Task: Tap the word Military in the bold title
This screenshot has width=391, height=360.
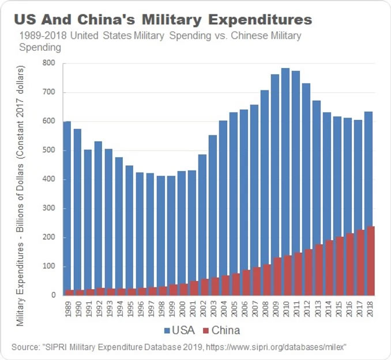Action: (166, 20)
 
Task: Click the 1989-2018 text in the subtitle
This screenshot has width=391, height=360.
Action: (40, 36)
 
